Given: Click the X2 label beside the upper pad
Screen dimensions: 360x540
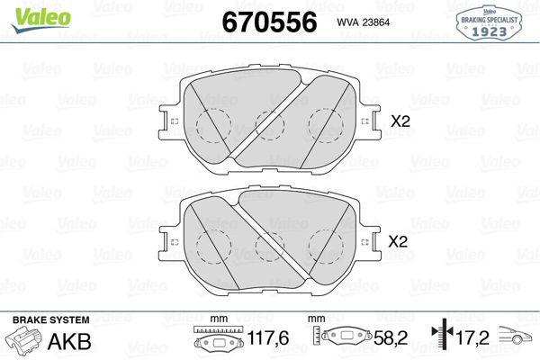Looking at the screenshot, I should [x=398, y=118].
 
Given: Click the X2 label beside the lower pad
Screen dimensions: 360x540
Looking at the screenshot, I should [x=398, y=241].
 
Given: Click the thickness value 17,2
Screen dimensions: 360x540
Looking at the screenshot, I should [x=472, y=340].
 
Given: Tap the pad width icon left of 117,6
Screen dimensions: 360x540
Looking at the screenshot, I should [x=216, y=341].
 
